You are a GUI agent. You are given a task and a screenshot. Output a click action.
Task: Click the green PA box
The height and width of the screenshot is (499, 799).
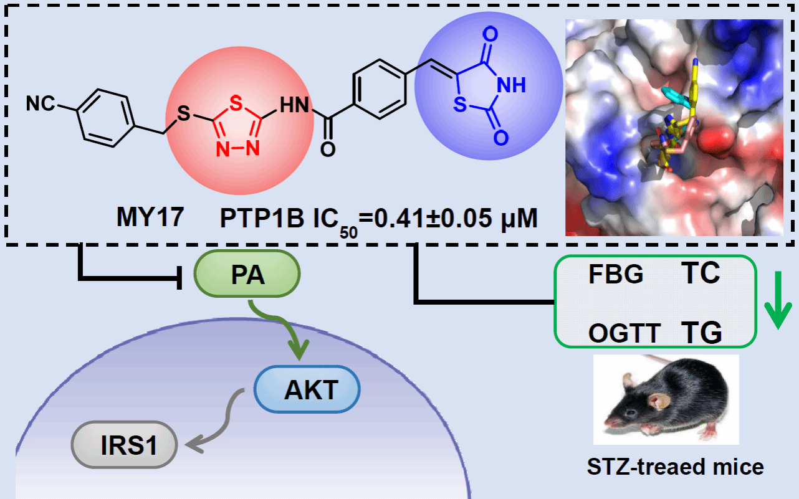click(x=247, y=273)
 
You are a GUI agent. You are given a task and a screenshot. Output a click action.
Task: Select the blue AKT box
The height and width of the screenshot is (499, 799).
click(x=307, y=389)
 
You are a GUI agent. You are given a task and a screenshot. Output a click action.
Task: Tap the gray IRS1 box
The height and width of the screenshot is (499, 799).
click(x=125, y=444)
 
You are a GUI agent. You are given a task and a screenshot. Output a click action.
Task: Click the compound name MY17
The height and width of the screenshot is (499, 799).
click(x=150, y=217)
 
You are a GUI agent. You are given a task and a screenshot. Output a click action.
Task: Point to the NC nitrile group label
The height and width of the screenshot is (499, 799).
click(x=41, y=103)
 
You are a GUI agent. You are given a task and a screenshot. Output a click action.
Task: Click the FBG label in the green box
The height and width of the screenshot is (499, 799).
click(x=616, y=274)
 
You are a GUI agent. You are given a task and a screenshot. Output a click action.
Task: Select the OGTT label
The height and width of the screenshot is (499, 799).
click(x=624, y=333)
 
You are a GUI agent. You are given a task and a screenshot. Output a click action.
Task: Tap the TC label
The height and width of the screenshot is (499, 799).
click(x=701, y=273)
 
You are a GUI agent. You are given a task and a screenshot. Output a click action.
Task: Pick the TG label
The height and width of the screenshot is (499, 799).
click(x=701, y=332)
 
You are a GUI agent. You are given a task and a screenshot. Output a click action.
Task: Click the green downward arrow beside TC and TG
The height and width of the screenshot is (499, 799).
click(x=778, y=300)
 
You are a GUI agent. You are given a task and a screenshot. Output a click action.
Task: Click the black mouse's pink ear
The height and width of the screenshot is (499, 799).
click(x=659, y=401)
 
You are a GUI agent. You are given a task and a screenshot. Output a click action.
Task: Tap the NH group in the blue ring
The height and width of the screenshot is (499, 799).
click(x=511, y=85)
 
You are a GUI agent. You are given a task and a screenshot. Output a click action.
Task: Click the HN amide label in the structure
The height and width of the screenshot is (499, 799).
click(x=294, y=105)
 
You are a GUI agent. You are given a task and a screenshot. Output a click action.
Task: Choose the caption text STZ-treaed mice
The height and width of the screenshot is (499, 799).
click(x=675, y=467)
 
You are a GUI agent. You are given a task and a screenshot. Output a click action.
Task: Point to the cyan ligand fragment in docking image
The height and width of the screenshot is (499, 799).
click(x=677, y=98)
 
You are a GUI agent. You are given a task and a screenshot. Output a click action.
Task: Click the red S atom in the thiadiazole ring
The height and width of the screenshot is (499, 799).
click(x=236, y=103)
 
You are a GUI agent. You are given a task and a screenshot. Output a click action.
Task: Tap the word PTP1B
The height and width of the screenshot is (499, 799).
click(x=262, y=217)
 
